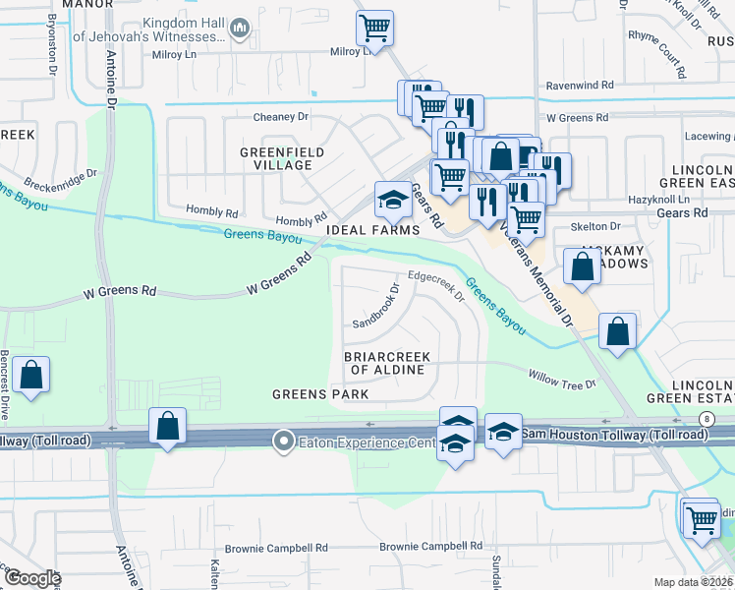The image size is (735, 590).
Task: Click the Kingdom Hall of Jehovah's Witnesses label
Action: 191,30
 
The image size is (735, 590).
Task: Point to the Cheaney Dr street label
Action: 281,117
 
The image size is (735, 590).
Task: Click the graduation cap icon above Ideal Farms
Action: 392,200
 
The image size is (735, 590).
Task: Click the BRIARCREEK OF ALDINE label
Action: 387,362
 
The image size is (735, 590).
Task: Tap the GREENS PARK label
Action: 320,394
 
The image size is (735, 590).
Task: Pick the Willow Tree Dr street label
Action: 562,379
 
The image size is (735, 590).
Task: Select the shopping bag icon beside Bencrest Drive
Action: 31,375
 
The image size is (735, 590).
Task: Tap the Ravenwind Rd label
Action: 580,86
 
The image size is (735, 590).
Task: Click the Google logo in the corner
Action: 31,578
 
